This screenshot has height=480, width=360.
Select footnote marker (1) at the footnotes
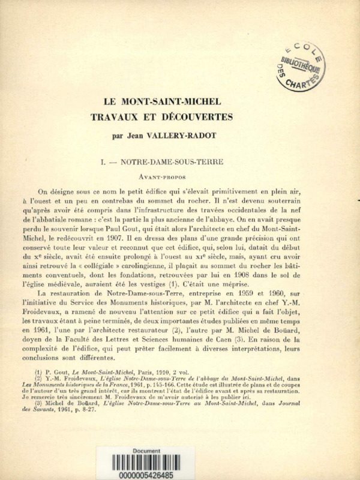pos(41,372)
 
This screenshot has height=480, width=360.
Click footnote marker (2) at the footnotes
pos(41,379)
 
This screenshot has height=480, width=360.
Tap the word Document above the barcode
pos(147,450)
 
